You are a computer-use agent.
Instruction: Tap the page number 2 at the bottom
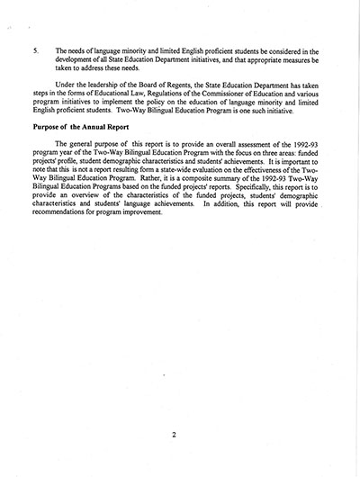point(179,436)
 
